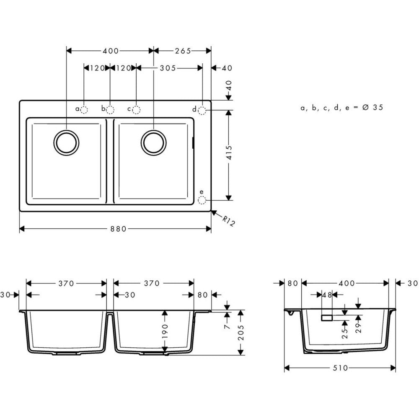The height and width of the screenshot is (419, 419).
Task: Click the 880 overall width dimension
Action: point(115,228)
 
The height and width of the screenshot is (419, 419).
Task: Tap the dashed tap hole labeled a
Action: point(84,110)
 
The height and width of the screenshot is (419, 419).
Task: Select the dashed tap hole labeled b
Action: point(110,110)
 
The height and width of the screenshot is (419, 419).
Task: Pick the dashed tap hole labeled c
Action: point(136,110)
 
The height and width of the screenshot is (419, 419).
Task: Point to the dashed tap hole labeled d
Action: point(202,110)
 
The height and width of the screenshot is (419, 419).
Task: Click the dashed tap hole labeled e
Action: point(202,200)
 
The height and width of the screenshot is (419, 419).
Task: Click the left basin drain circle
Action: point(66,142)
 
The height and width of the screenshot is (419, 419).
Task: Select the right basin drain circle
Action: point(154,142)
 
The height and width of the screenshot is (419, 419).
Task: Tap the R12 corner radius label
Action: point(228,220)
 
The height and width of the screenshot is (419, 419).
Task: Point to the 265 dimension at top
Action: point(183,51)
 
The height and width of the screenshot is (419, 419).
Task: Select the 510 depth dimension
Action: point(340,368)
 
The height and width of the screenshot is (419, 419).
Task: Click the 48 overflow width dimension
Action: point(327,295)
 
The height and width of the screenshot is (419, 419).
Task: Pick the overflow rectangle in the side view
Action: point(327,318)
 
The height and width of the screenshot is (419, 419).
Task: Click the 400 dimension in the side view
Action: point(346,283)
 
